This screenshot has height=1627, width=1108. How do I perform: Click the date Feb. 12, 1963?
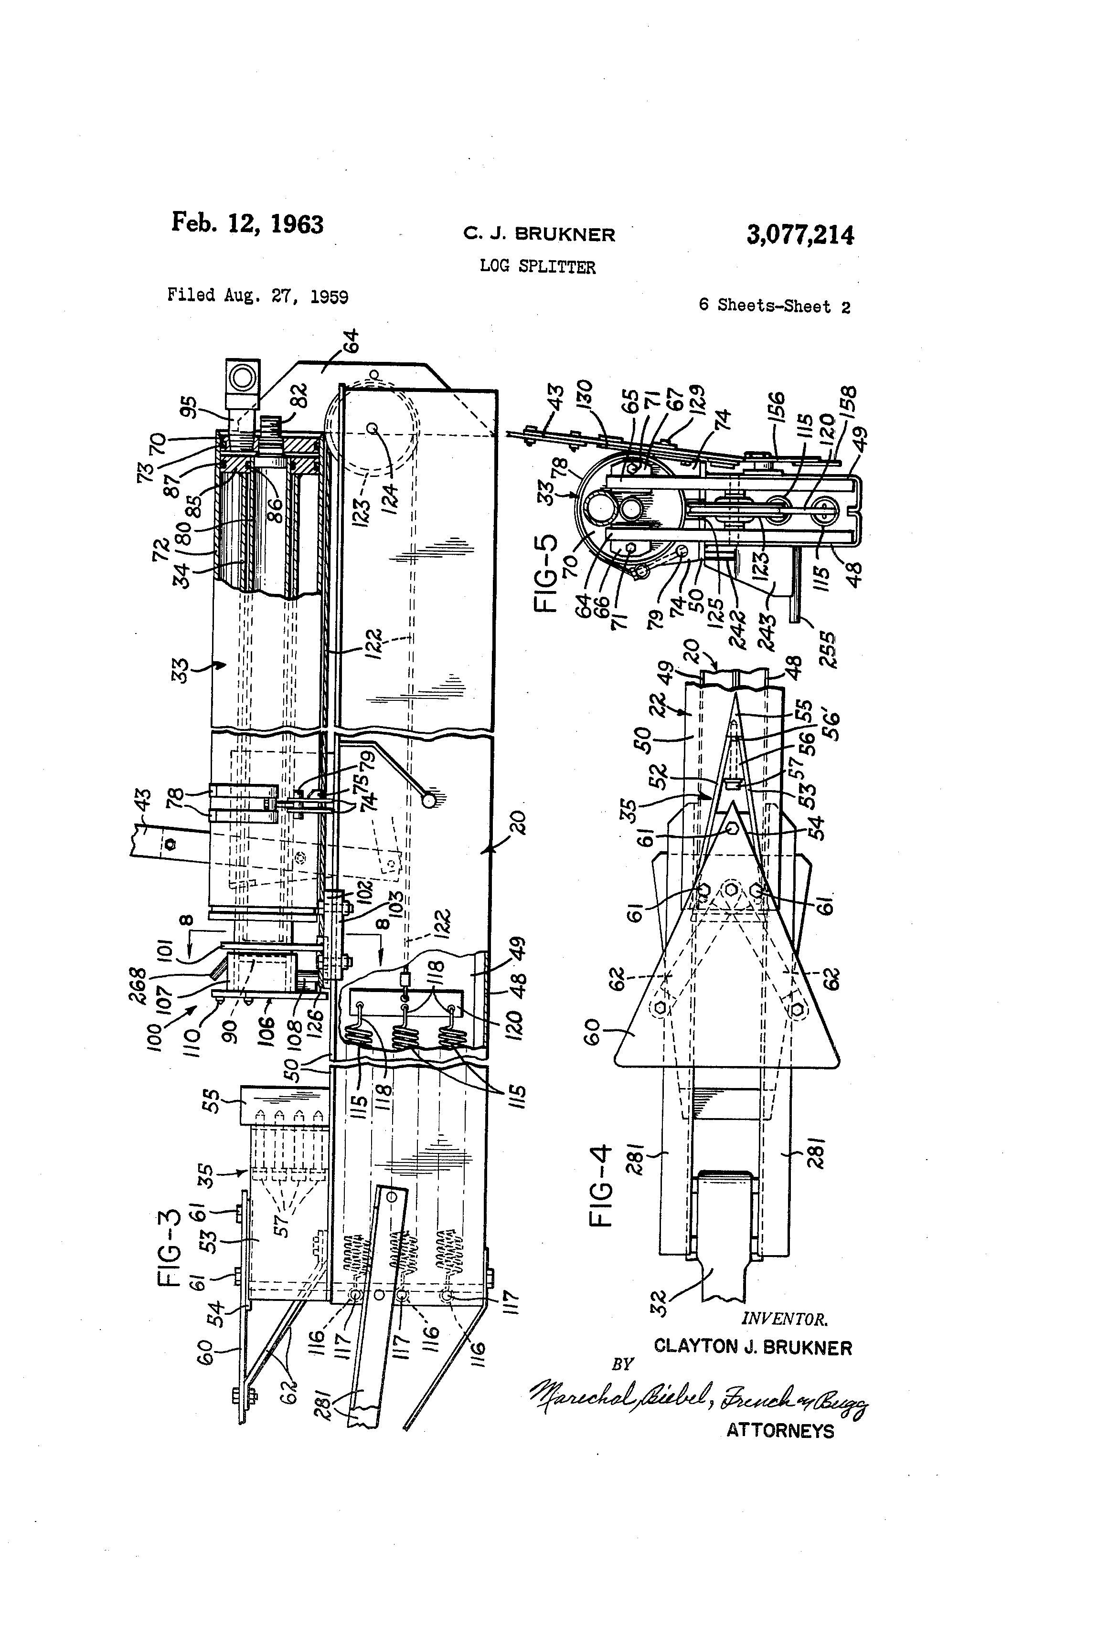pos(247,223)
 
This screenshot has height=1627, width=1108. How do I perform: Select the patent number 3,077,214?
pos(800,234)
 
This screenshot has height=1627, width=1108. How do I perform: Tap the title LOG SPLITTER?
pos(537,267)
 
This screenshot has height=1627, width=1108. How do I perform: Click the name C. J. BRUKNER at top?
pos(539,234)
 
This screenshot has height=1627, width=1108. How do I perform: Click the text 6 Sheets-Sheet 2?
pos(774,306)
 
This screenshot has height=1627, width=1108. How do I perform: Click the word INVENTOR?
pos(784,1320)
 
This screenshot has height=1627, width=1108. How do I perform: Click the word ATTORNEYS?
pos(779,1430)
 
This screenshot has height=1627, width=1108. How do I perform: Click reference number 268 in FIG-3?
pos(137,984)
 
